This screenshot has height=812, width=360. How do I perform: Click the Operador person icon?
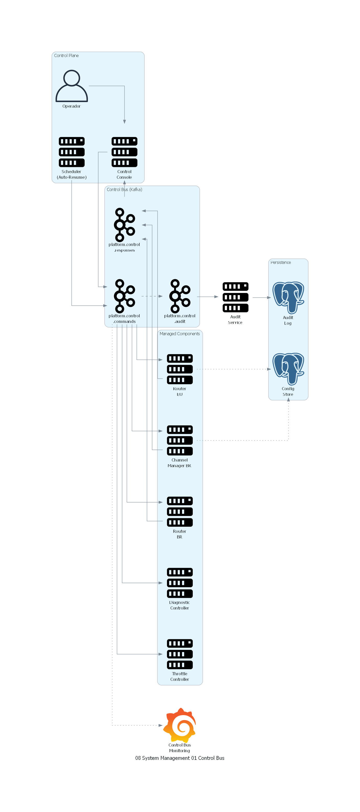tap(72, 86)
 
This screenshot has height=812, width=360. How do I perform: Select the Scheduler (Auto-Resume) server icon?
tap(72, 152)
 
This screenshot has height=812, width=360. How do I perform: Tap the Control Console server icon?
tap(124, 152)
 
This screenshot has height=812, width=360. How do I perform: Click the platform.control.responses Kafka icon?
tap(124, 225)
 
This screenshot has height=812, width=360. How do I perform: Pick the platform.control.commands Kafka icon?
tap(124, 296)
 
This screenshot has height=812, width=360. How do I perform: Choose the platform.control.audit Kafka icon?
tap(180, 296)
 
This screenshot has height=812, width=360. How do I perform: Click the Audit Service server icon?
tap(235, 297)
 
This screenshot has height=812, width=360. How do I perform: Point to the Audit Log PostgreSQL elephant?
tap(288, 297)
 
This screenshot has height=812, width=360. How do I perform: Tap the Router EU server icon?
tap(180, 369)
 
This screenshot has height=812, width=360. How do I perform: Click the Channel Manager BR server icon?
tap(180, 440)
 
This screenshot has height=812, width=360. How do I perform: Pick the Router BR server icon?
tap(180, 511)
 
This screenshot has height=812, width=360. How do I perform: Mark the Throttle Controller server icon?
tap(180, 654)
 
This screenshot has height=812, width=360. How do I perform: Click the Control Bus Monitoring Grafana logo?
tap(180, 725)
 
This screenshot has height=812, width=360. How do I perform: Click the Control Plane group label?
tap(66, 55)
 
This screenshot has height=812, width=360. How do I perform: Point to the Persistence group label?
tap(280, 262)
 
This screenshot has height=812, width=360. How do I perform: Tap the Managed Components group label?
tap(180, 333)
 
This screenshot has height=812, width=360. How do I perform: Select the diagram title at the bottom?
tap(180, 758)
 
